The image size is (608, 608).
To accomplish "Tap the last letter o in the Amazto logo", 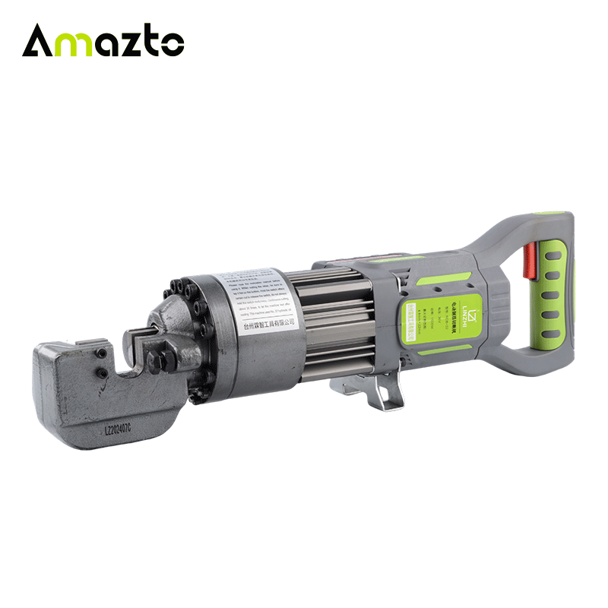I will tap(173, 43).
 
